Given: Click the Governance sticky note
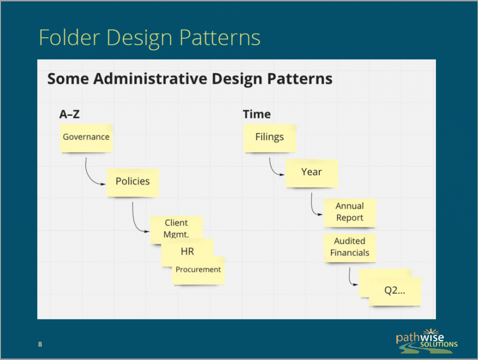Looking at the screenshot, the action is pos(86,138).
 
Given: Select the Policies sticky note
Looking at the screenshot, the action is pos(133,183).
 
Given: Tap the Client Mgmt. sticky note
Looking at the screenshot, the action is pos(176,227).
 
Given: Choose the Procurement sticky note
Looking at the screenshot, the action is pos(198,271).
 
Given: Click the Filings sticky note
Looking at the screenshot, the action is pos(270,138).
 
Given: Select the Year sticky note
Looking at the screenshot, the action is pos(311,173).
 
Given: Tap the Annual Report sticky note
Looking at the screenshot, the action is pos(350,213).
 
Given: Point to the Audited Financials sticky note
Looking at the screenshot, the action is pos(350,248).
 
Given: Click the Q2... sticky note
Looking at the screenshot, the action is pos(395,291).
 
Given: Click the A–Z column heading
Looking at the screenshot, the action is pos(70,114).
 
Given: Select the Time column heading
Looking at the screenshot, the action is pos(257,114).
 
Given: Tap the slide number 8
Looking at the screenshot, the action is pos(40,344).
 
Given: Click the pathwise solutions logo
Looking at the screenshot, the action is pos(427,341).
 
